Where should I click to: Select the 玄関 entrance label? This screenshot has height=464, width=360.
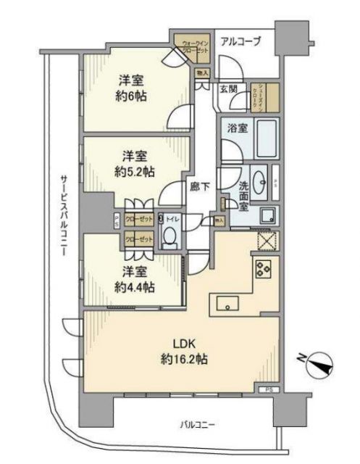[228, 88]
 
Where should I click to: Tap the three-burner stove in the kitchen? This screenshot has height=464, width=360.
[262, 270]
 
